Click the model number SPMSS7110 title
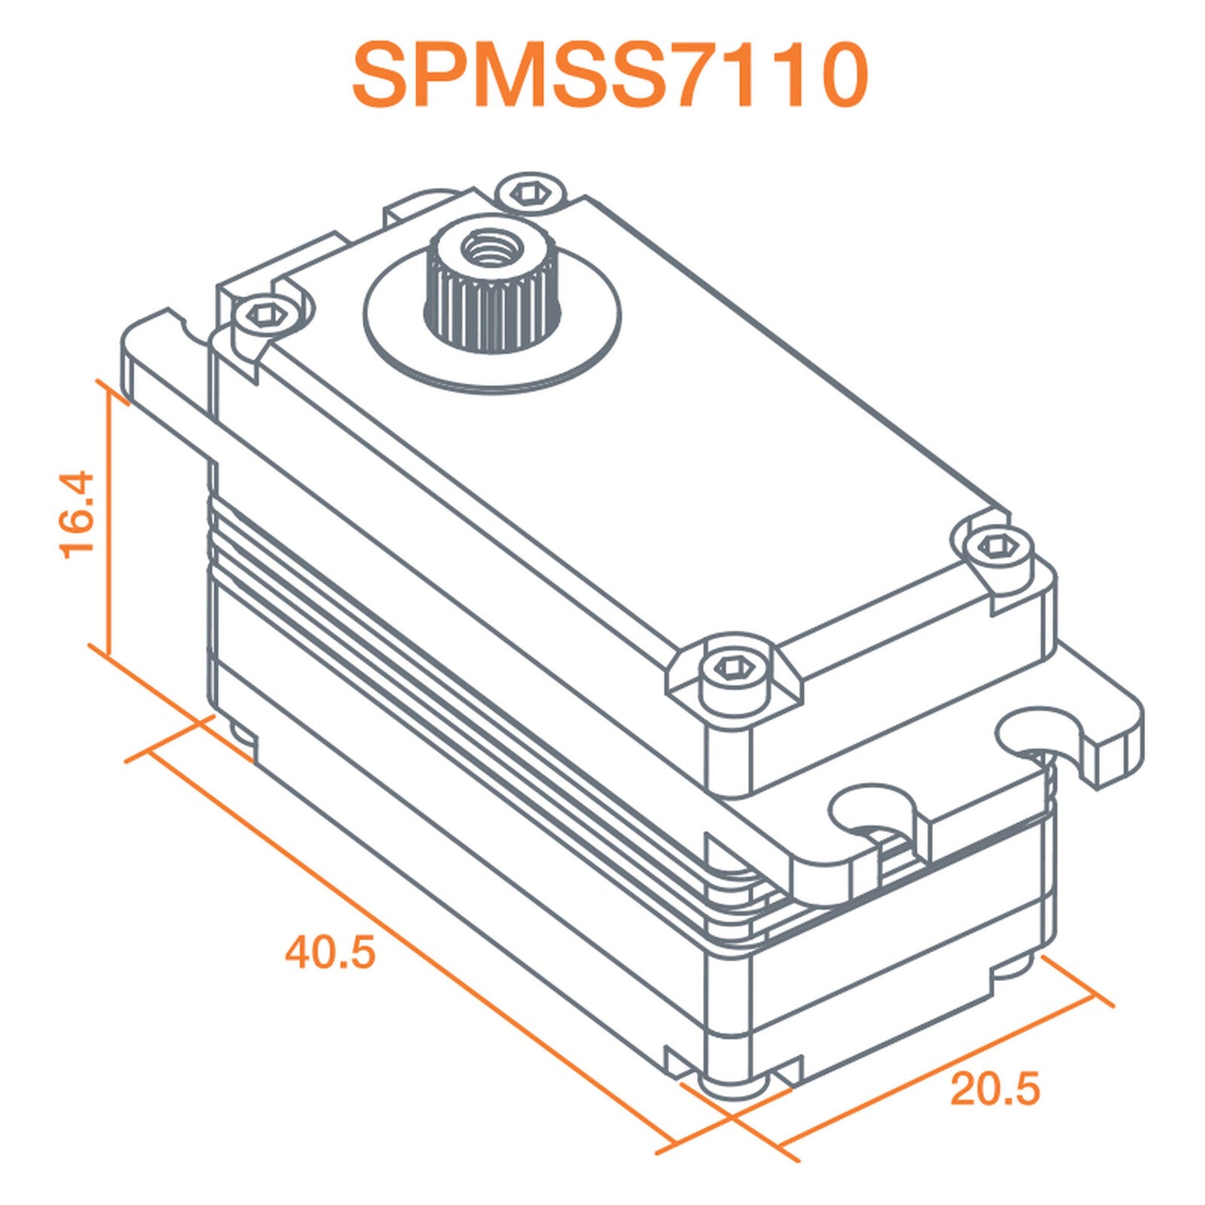point(610,76)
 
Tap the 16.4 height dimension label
point(78,514)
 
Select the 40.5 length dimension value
point(330,951)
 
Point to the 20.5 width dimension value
point(995,1089)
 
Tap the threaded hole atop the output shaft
point(484,247)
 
